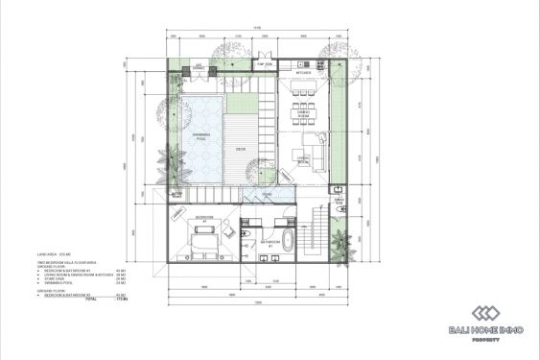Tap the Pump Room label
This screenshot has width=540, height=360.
pyautogui.click(x=264, y=64)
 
